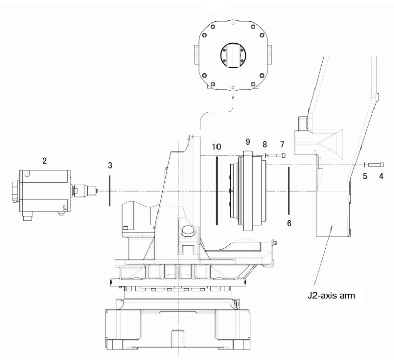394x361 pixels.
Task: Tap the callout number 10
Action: tap(216, 147)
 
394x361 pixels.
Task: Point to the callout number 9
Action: tap(247, 141)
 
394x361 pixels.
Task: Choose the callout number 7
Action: tap(282, 144)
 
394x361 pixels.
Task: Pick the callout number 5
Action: tap(365, 176)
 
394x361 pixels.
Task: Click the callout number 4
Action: tap(381, 176)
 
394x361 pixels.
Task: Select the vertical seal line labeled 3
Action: tap(110, 191)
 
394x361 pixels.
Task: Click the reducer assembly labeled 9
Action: tap(249, 190)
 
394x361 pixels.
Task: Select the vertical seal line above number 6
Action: tap(289, 190)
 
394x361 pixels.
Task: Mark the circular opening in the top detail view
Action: tap(233, 54)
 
